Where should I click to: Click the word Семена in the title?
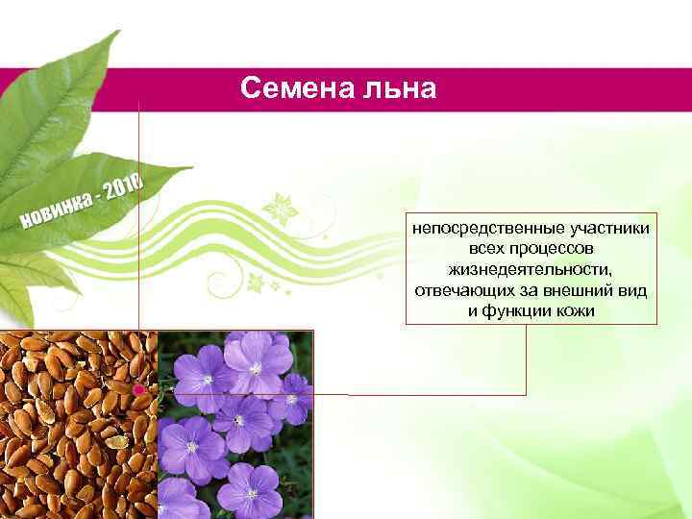coord(297,89)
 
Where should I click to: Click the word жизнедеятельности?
coord(530,269)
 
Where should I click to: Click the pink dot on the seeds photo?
coord(139,390)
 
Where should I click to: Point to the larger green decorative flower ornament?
coord(282,208)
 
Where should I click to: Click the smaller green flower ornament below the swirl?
coord(257,283)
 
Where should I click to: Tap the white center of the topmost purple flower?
coord(256,368)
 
